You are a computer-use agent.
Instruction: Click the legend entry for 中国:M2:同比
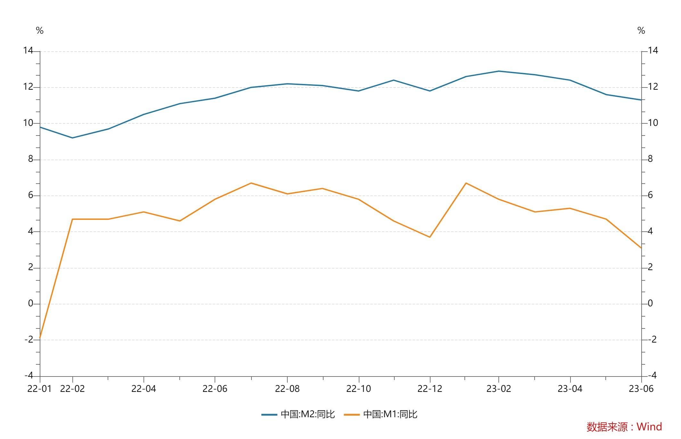tap(298, 414)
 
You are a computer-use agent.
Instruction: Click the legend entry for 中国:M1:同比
tap(381, 414)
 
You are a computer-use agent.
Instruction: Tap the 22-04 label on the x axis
tap(144, 389)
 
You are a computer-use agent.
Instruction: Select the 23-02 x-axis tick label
tap(498, 389)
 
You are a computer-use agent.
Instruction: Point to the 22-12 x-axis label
tap(430, 389)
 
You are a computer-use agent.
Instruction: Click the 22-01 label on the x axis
tap(39, 389)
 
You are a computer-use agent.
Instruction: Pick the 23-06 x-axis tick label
tap(641, 389)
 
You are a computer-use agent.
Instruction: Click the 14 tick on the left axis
tap(28, 51)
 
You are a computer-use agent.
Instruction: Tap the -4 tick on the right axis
tap(652, 375)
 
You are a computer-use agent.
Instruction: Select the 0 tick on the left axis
tap(31, 303)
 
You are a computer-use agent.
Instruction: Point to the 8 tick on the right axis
tap(650, 159)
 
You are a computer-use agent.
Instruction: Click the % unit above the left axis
tap(40, 31)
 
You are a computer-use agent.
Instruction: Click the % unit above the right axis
tap(641, 31)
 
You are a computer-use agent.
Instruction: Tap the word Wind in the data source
tap(649, 427)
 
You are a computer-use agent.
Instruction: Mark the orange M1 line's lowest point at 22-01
tap(40, 338)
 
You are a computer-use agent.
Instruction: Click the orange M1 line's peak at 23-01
tap(466, 183)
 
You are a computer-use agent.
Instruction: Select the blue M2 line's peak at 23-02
tap(498, 71)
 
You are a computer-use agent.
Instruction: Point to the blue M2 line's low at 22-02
tap(72, 138)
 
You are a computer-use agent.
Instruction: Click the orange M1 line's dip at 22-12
tap(430, 237)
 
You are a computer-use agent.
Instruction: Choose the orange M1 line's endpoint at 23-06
tap(641, 248)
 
